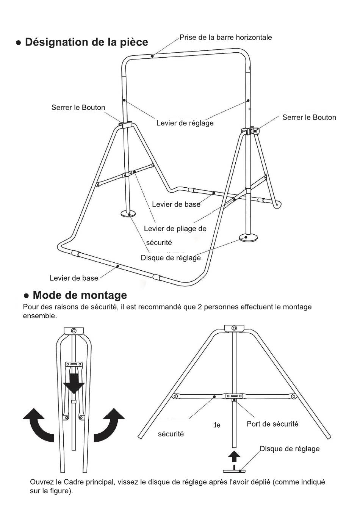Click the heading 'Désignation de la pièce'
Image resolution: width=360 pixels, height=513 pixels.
[86, 42]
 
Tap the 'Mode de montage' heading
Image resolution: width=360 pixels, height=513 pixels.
[80, 295]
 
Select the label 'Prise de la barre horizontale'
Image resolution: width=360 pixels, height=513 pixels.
[225, 37]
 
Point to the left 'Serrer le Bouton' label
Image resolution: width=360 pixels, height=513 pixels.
[78, 108]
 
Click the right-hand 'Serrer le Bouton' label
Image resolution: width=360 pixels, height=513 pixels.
[309, 118]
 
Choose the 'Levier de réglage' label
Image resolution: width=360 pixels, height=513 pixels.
[185, 123]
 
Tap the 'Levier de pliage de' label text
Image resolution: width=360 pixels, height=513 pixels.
[175, 229]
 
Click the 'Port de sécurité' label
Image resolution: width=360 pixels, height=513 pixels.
[272, 424]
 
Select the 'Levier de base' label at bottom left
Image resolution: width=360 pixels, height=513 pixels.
[74, 278]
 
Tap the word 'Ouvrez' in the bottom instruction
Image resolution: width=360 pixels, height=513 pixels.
[42, 482]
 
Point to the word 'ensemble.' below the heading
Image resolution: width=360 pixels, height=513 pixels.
[40, 316]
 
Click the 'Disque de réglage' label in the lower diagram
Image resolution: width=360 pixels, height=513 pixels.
[290, 449]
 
